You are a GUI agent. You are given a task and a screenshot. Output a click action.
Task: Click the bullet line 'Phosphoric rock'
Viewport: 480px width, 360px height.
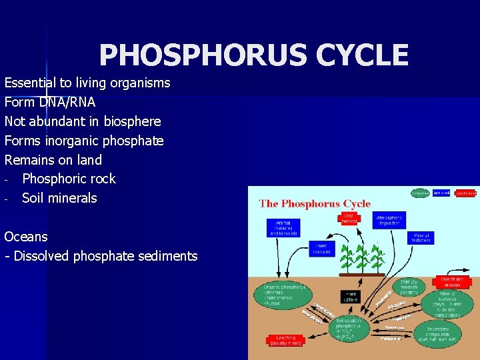pos(69,179)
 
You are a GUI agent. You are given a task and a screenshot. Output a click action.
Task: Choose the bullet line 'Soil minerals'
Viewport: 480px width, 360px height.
pos(59,198)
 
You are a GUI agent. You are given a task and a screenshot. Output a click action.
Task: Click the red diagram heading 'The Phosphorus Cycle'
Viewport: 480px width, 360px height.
pos(315,204)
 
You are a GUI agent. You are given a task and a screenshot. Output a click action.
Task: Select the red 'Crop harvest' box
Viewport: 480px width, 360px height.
pos(349,219)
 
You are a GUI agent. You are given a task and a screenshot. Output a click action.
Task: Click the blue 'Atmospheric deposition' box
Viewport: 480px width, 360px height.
pos(389,221)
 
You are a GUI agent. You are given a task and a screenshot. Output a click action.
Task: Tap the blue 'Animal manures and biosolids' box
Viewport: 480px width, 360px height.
pos(283,227)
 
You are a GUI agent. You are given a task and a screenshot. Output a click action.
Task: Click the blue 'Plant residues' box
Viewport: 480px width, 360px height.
pos(321,249)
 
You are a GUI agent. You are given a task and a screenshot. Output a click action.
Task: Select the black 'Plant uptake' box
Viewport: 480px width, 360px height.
pos(351,295)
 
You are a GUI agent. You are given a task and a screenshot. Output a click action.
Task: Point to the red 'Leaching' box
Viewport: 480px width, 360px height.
pos(286,340)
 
